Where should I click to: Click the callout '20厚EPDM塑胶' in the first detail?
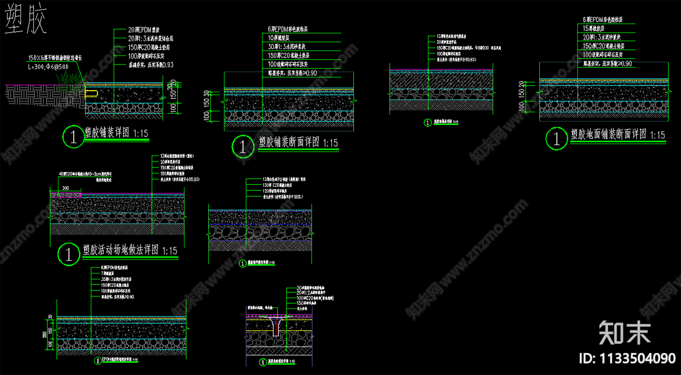(144, 30)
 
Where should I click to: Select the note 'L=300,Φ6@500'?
(48, 67)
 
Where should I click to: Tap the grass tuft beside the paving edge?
(71, 79)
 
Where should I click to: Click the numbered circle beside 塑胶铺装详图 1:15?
(73, 137)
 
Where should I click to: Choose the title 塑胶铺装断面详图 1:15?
(298, 143)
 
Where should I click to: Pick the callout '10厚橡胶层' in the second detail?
(279, 38)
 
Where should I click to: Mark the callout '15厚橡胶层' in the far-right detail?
(594, 29)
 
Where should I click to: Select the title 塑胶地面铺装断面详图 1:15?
(618, 135)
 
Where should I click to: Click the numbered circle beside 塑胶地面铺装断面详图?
(556, 138)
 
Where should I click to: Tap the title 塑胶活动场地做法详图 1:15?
(130, 250)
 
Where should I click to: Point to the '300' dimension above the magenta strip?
(66, 188)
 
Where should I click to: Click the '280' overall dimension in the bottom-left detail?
(45, 335)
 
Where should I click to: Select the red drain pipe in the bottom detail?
(276, 328)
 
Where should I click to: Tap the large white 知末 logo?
(624, 332)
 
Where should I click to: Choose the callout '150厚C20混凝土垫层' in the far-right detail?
(604, 46)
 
